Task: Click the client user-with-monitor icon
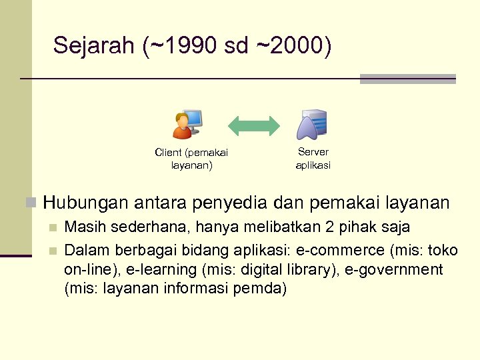[187, 125]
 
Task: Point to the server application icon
[313, 125]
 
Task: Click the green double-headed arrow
[254, 125]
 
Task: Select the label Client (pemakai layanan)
[191, 159]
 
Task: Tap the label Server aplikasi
[313, 159]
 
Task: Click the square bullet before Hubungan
[29, 202]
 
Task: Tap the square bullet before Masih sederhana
[53, 229]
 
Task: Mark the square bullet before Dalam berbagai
[53, 251]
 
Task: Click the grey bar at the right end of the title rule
[407, 79]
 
